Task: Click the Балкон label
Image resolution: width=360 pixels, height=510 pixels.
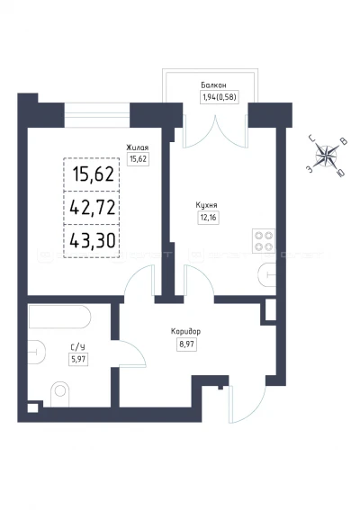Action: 213,85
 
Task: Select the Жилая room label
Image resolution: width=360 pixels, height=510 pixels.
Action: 138,148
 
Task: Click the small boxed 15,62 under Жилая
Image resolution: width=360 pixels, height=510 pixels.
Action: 138,159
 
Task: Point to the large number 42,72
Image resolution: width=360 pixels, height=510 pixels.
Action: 93,207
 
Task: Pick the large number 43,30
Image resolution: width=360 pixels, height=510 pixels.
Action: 93,241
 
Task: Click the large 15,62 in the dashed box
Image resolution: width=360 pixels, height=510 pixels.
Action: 94,174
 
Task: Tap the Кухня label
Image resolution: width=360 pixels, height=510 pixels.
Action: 206,205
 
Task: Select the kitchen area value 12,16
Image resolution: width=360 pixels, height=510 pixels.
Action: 208,218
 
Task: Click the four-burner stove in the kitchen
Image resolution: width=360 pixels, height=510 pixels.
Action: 264,241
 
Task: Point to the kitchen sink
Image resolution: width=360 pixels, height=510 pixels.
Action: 267,275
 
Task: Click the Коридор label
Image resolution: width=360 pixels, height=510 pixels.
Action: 186,331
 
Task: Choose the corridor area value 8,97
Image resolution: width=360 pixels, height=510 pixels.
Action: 187,344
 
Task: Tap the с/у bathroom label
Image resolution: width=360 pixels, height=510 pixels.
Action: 77,347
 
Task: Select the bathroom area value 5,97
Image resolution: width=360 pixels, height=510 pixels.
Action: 78,359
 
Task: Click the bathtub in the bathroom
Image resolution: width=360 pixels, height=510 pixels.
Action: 59,317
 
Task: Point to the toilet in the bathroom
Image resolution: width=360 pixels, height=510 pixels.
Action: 60,394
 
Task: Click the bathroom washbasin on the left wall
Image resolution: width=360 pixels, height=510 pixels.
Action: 37,352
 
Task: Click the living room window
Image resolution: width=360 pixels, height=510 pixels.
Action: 97,115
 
